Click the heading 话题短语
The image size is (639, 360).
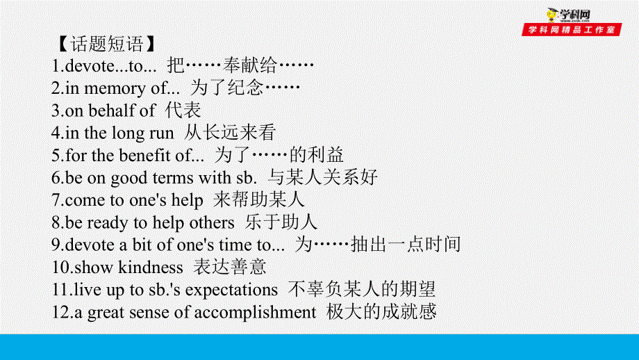[x=107, y=44]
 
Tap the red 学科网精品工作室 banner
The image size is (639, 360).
[x=572, y=29]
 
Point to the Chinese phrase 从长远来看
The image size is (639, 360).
[x=230, y=133]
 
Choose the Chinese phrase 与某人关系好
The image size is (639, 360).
[x=323, y=177]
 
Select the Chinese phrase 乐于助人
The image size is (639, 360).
[x=281, y=222]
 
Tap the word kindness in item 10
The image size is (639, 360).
[x=151, y=268]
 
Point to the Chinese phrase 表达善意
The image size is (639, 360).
[x=229, y=267]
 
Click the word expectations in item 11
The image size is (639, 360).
[x=231, y=291]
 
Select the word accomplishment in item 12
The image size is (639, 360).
[x=255, y=313]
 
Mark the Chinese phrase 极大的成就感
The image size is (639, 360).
[x=381, y=311]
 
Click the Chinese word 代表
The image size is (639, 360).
[x=183, y=110]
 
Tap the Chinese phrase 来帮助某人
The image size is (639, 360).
[x=259, y=199]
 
